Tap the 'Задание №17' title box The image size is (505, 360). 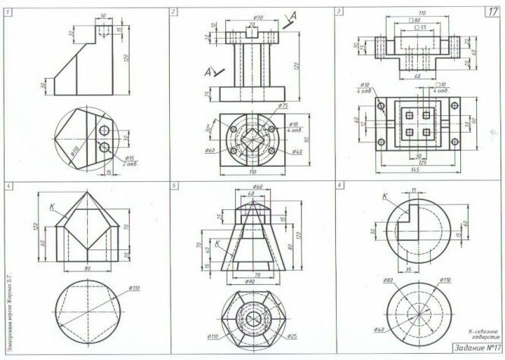476,348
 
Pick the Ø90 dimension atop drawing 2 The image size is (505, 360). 257,17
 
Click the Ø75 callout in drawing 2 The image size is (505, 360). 283,105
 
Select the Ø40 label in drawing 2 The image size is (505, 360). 297,152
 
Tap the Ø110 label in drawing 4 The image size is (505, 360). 136,288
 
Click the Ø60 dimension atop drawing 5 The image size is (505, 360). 257,186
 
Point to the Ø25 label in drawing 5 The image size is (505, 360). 293,335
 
